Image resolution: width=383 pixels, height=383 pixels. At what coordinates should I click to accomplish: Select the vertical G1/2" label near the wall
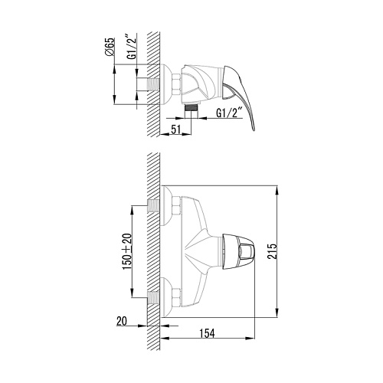[133, 47]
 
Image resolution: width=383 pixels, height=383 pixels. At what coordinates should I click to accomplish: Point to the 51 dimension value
[175, 129]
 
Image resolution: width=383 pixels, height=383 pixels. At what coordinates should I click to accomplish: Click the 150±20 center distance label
[127, 251]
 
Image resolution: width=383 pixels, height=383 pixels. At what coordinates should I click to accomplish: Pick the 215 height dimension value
[272, 251]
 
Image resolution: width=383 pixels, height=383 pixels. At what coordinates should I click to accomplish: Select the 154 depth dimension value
[207, 333]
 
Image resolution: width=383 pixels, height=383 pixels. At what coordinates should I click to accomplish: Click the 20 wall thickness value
[122, 321]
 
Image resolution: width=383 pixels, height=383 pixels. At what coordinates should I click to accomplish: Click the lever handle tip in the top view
[253, 129]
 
